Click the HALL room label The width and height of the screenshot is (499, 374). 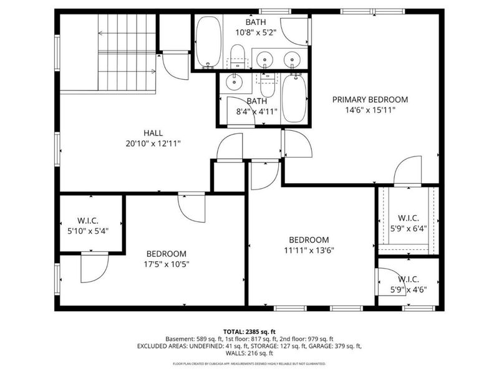tap(153, 133)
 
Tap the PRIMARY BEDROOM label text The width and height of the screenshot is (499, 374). tap(370, 99)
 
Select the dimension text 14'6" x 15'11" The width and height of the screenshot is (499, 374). tap(370, 109)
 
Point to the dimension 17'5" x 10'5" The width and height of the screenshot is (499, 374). tap(167, 264)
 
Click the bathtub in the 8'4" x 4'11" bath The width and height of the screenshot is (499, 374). tap(293, 98)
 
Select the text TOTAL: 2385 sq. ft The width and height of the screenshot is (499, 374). tap(249, 331)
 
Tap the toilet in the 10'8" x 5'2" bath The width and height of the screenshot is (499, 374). tap(237, 56)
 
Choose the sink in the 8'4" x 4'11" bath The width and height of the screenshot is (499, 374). tap(235, 80)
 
